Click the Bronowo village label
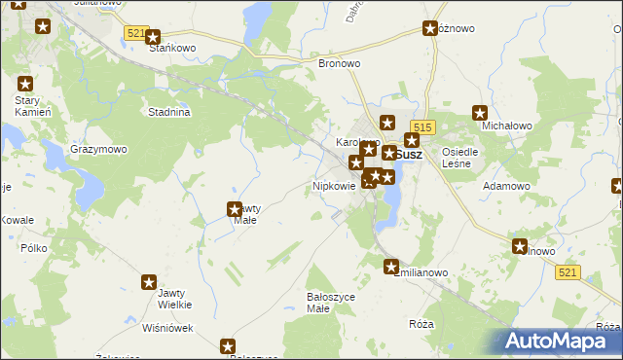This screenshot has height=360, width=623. tap(340, 63)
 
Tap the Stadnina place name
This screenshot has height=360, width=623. tap(168, 112)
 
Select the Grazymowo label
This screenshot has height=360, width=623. tap(98, 150)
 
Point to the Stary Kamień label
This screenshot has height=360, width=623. tap(25, 106)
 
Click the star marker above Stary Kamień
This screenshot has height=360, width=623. tap(25, 85)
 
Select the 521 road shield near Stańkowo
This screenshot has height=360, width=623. tap(136, 33)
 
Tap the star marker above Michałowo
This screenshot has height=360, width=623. tap(479, 113)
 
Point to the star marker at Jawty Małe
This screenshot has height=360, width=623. tap(234, 208)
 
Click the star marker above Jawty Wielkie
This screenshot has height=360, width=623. tap(149, 283)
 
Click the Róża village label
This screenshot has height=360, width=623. tap(421, 323)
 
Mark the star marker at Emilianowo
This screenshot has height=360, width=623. tap(391, 267)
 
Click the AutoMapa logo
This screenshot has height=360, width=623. tap(559, 342)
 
